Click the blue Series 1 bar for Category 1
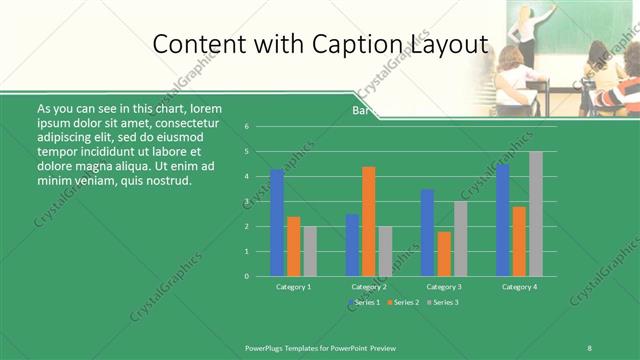[277, 223]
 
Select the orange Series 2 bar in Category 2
[369, 221]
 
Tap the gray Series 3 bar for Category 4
[536, 214]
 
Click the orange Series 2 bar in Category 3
[444, 254]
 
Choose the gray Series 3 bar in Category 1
[310, 251]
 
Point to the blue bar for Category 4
[502, 220]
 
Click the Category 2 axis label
[369, 287]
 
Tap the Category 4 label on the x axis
[519, 287]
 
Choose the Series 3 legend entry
[445, 302]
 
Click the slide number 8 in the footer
[589, 347]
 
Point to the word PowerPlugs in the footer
[267, 347]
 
